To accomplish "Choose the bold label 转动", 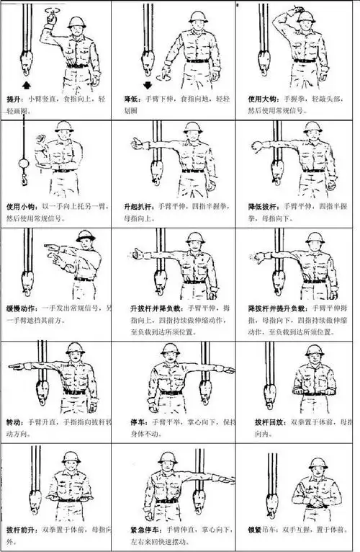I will tap(14, 420).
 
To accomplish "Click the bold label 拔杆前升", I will tap(19, 528).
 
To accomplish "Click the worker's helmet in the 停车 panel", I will tap(170, 350).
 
